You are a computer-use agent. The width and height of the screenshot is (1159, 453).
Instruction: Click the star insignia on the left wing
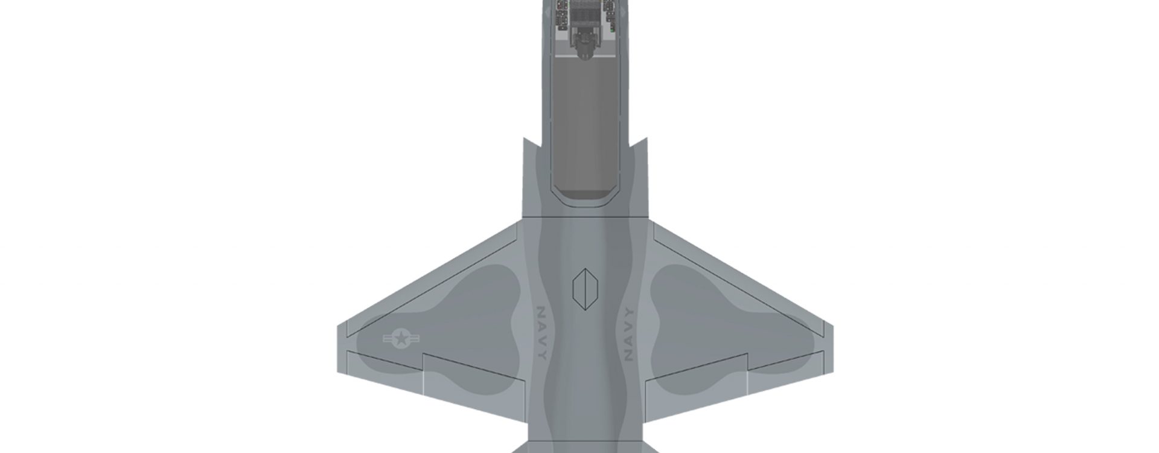tap(401, 338)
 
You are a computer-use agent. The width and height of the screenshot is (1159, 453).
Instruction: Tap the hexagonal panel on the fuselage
tap(585, 289)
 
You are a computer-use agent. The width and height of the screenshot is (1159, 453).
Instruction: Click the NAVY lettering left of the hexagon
tap(541, 333)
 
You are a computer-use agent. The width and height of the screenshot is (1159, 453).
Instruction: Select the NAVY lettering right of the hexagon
tap(628, 334)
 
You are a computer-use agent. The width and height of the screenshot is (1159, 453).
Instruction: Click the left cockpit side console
tap(562, 15)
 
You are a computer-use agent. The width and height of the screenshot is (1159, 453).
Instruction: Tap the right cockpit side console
tap(609, 15)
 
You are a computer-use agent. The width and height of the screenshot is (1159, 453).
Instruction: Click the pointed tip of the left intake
tap(525, 139)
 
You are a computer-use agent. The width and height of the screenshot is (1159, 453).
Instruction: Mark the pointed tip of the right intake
tap(646, 139)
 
